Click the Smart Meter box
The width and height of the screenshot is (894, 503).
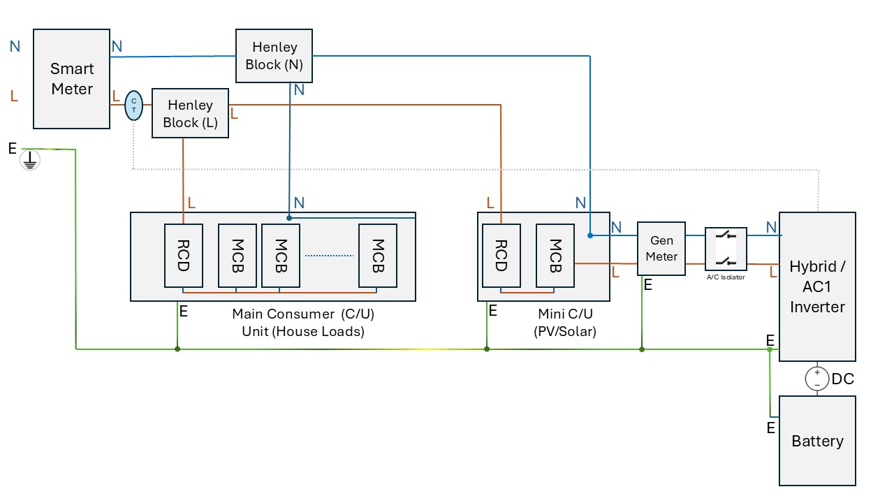[71, 79]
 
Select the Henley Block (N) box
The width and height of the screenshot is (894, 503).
[274, 56]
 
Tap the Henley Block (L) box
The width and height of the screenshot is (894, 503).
[190, 113]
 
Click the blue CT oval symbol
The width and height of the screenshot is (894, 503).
[133, 105]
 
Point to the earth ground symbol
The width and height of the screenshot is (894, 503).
[30, 160]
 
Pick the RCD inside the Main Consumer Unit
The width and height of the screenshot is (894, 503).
[184, 256]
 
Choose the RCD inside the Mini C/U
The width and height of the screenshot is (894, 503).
[501, 256]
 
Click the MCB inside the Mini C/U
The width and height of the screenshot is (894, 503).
[555, 256]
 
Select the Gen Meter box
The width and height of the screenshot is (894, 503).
[661, 249]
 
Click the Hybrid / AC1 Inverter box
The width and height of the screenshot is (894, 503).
[817, 286]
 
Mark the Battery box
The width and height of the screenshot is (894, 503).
[817, 441]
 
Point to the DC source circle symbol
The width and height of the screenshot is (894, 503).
[817, 379]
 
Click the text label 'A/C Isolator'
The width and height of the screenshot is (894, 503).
[726, 277]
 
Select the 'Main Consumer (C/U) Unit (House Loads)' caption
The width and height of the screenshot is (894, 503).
[303, 323]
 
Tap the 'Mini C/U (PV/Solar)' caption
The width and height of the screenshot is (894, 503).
[565, 323]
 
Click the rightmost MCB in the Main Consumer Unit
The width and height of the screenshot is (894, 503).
[378, 256]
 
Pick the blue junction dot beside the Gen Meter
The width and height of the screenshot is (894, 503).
[590, 235]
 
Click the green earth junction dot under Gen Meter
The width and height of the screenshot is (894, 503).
[642, 349]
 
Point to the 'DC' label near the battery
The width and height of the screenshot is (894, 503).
[843, 379]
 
